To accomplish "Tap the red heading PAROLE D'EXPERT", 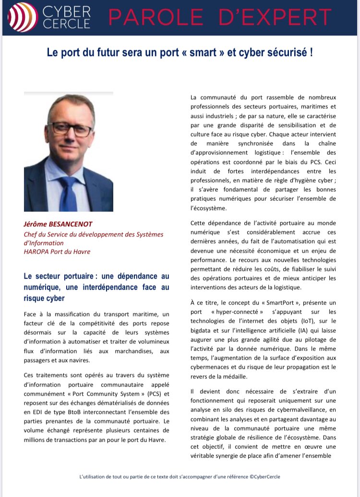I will [220, 18].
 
